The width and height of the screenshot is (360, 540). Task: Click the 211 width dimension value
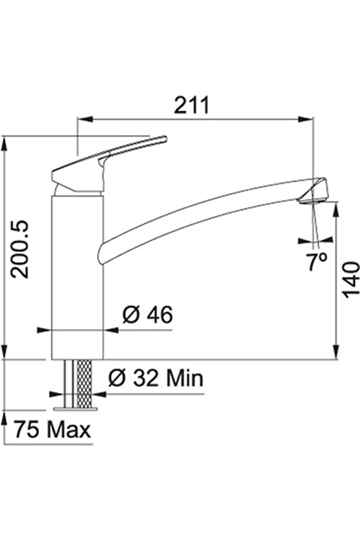191,105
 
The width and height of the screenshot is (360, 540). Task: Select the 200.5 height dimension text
22,249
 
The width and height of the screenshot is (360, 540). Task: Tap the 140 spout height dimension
350,278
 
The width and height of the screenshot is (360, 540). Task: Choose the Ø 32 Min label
155,379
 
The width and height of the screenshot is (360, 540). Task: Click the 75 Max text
52,430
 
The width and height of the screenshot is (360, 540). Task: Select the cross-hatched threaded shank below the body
84,383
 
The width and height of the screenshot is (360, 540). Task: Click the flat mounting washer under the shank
76,408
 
